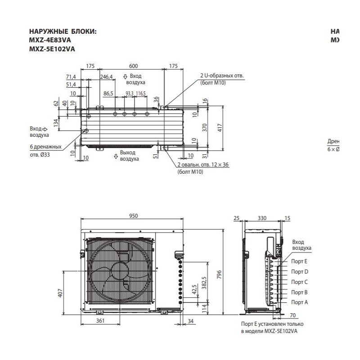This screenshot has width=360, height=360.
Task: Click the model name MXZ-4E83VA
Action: click(48, 40)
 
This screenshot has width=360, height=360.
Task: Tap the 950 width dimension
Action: click(133, 216)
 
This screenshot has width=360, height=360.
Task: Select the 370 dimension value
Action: click(204, 128)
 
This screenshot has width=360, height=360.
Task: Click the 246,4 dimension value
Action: click(106, 77)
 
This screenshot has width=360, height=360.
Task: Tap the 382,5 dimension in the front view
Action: click(204, 279)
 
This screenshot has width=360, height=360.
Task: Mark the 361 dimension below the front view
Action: click(100, 321)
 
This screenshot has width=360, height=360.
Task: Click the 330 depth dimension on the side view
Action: click(262, 218)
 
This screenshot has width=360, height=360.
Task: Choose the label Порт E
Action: click(299, 261)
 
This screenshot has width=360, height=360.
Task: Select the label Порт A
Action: click(299, 302)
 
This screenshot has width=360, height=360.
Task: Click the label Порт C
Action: click(299, 282)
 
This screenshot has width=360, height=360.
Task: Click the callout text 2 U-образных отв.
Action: click(222, 76)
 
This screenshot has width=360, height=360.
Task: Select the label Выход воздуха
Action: click(129, 156)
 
